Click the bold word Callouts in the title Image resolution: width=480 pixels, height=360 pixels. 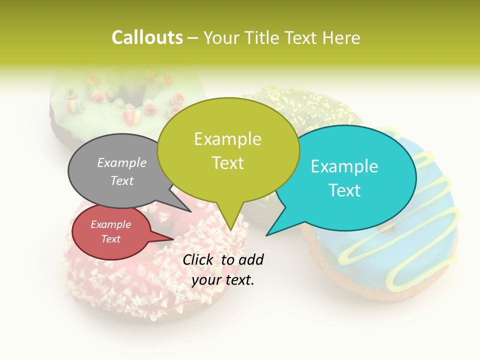click(147, 37)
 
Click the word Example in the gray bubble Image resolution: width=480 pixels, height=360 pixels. click(122, 162)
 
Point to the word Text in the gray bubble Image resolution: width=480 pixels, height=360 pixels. click(122, 180)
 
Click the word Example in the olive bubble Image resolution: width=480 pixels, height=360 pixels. click(227, 139)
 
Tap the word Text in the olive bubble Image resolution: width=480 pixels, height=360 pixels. click(227, 163)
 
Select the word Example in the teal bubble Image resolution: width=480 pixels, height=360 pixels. click(344, 166)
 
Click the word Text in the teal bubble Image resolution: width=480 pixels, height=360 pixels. click(344, 190)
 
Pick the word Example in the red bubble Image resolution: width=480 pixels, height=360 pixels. click(110, 224)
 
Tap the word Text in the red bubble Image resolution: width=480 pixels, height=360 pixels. click(110, 239)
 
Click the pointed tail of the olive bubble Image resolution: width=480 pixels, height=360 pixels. click(230, 227)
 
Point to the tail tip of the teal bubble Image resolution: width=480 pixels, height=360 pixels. click(268, 234)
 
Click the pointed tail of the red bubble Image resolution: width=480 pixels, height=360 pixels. click(170, 239)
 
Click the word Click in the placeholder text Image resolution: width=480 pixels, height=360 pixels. click(199, 259)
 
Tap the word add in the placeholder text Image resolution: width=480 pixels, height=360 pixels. click(251, 259)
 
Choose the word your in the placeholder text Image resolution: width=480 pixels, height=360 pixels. click(205, 280)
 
